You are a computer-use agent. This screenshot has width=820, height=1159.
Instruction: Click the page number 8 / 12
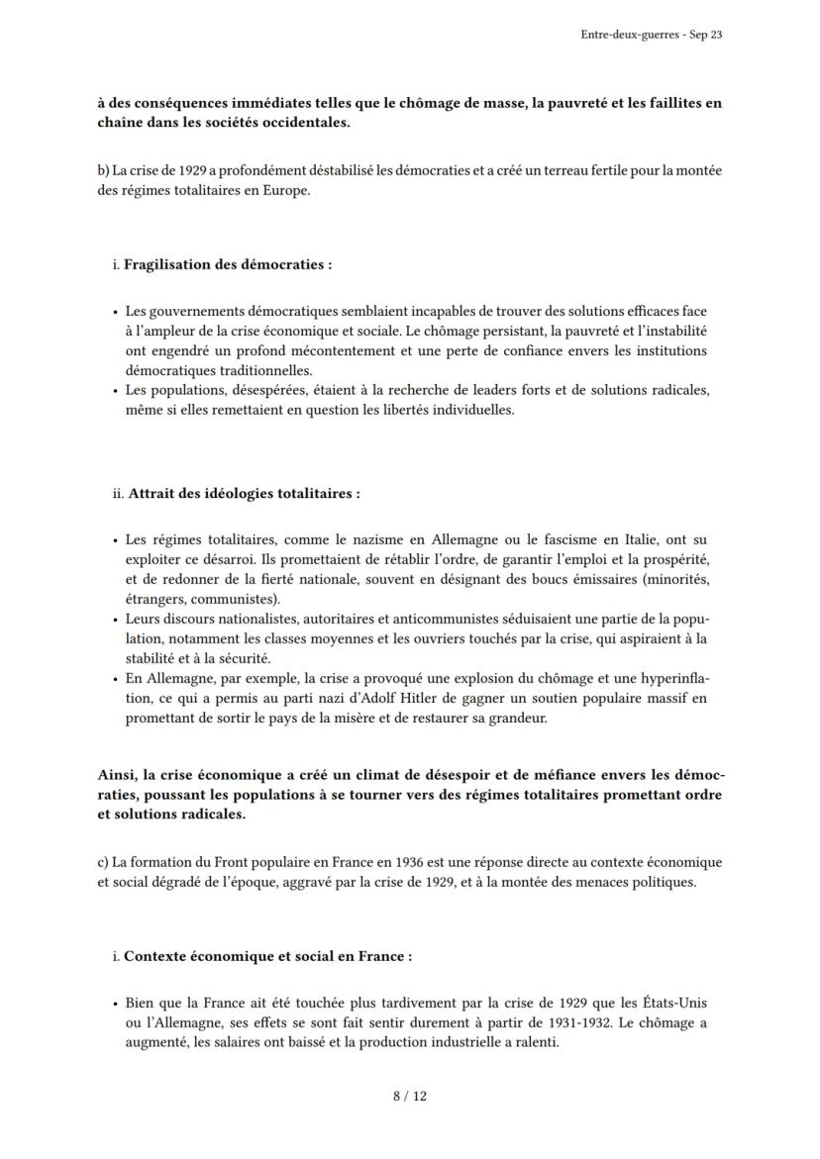[x=409, y=1096]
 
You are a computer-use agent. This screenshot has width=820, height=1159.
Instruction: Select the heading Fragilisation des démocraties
[x=227, y=265]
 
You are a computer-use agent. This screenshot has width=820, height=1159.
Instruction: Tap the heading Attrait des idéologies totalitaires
[x=244, y=493]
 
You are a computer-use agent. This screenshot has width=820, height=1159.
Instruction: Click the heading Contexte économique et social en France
[x=267, y=956]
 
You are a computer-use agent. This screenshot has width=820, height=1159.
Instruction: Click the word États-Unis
[x=668, y=1004]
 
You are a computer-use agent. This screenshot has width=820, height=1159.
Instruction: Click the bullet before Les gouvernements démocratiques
[x=115, y=311]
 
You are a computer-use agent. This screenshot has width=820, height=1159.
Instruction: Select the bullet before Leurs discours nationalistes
[x=115, y=620]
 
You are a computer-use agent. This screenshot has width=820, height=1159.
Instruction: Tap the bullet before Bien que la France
[x=115, y=1004]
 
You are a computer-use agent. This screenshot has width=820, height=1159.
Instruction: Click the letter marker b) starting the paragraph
[x=103, y=170]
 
